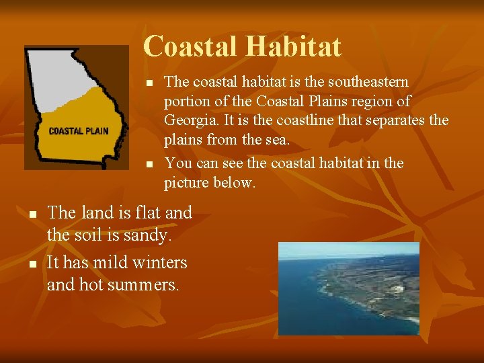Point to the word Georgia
coord(190,121)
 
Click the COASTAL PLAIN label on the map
coord(79,131)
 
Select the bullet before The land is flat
coord(33,214)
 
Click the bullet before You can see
coord(150,164)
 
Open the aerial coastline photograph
coord(348,288)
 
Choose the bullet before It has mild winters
coord(33,262)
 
